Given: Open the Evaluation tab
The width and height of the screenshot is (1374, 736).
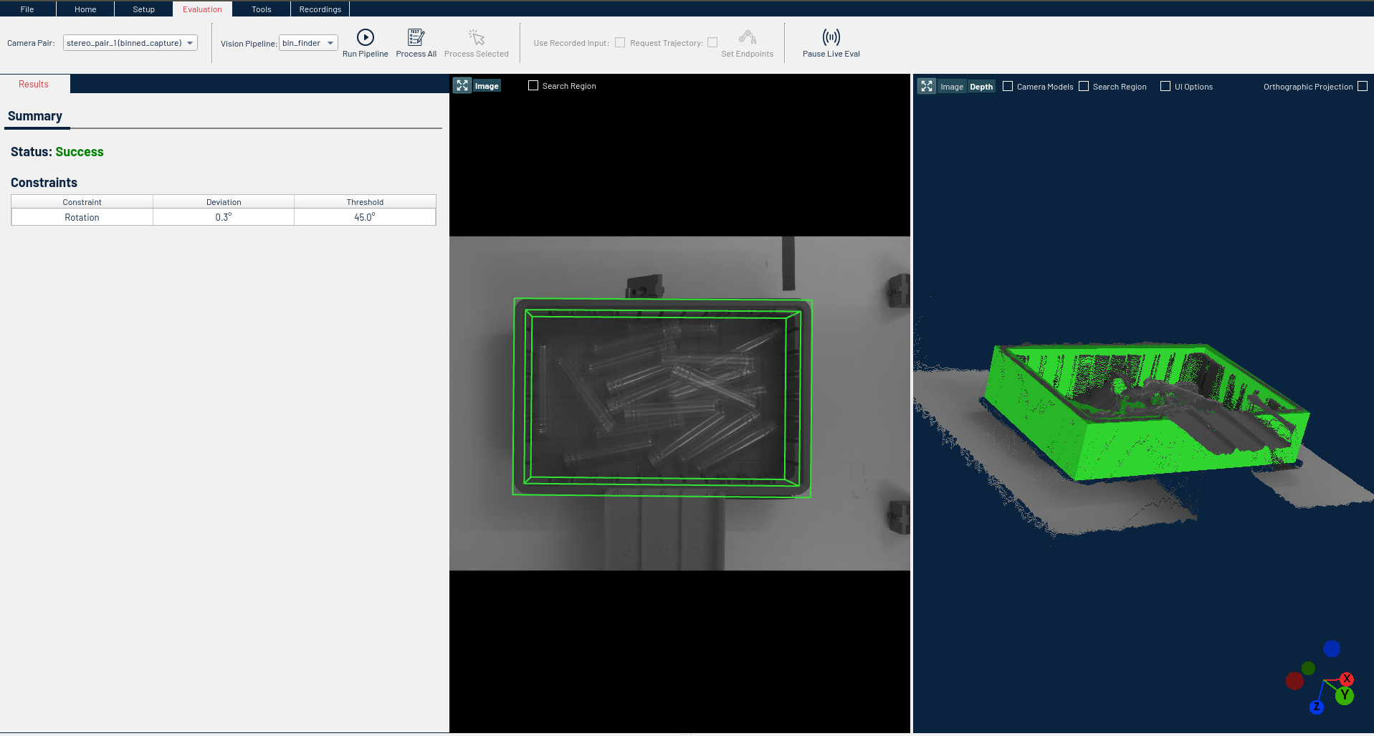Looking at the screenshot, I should point(202,9).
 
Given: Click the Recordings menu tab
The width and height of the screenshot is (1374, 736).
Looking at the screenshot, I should point(320,9).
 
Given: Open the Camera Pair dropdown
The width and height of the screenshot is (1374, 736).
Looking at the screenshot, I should point(130,43).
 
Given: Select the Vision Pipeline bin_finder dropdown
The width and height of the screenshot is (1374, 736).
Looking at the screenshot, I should point(308,43).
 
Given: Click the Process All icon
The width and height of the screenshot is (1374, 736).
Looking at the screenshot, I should point(416,37).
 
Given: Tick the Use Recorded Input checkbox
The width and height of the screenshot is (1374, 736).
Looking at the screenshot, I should point(620,43).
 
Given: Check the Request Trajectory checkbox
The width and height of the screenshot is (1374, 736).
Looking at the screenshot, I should point(712,43).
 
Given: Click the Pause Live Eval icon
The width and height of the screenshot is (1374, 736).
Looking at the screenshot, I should point(831,37).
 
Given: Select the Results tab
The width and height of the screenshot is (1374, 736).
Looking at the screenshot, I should point(34,84).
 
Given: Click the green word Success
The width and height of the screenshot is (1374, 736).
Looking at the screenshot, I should point(80,152).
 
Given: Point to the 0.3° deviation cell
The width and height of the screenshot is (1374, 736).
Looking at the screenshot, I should point(224,217).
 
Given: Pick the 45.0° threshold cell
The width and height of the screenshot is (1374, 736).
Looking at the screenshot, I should point(365,217).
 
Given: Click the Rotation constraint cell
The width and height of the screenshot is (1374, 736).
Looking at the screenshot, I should point(82,217).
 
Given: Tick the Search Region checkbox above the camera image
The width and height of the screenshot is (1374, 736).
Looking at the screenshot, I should point(533,86).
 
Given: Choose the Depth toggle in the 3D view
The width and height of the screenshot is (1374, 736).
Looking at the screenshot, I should point(981,87).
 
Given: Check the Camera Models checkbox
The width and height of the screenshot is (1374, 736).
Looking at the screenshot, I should point(1008,87).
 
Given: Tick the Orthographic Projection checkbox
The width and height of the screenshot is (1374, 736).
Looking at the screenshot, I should point(1363,87).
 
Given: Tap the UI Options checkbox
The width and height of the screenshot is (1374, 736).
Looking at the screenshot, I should point(1165,87).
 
